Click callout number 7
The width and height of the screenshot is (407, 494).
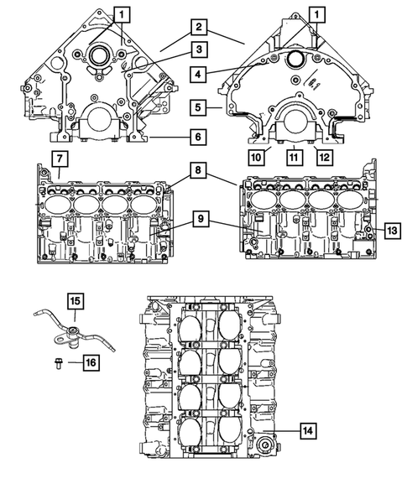(x=58, y=159)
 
